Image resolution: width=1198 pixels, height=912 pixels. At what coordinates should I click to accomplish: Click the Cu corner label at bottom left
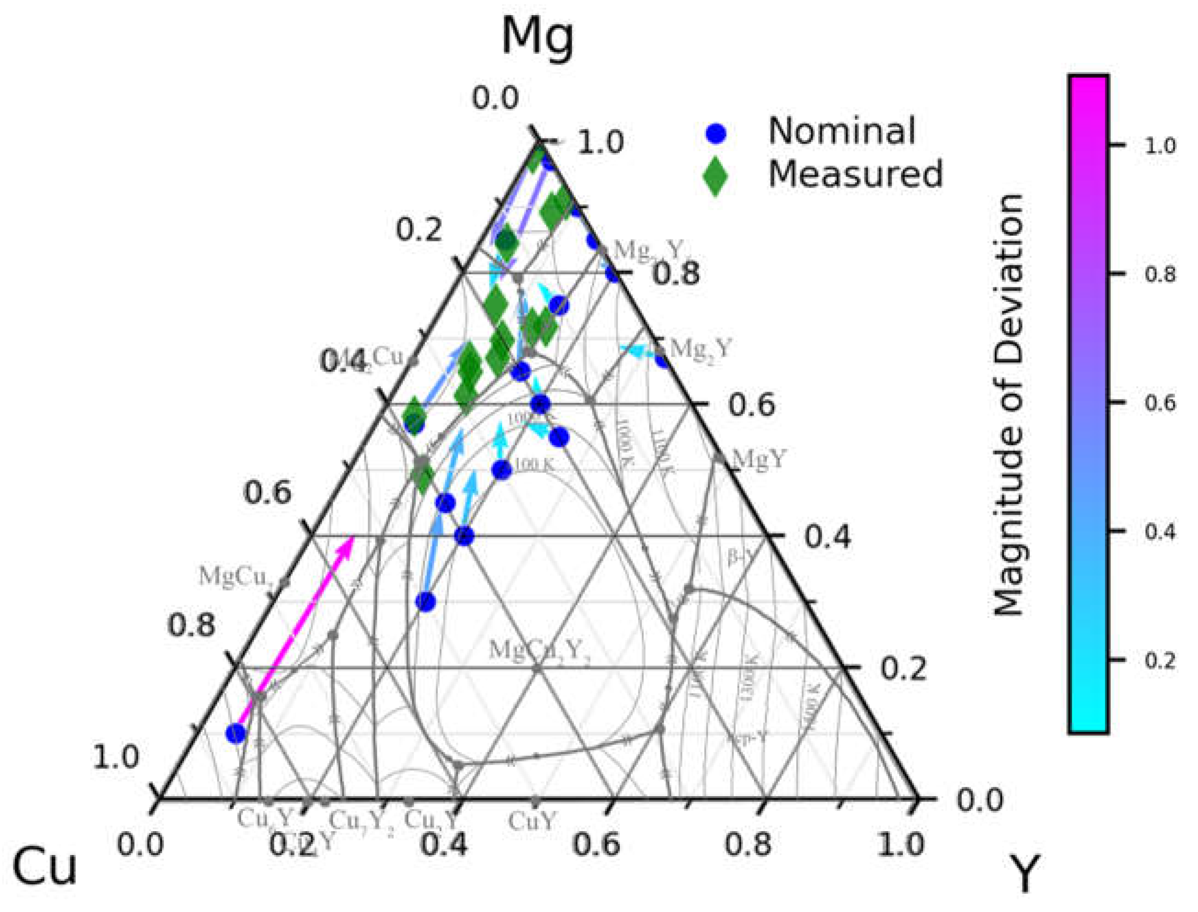[45, 867]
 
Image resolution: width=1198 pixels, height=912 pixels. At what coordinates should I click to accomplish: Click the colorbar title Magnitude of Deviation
[1008, 405]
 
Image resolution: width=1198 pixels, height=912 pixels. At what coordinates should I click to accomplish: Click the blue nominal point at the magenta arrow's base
[235, 733]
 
